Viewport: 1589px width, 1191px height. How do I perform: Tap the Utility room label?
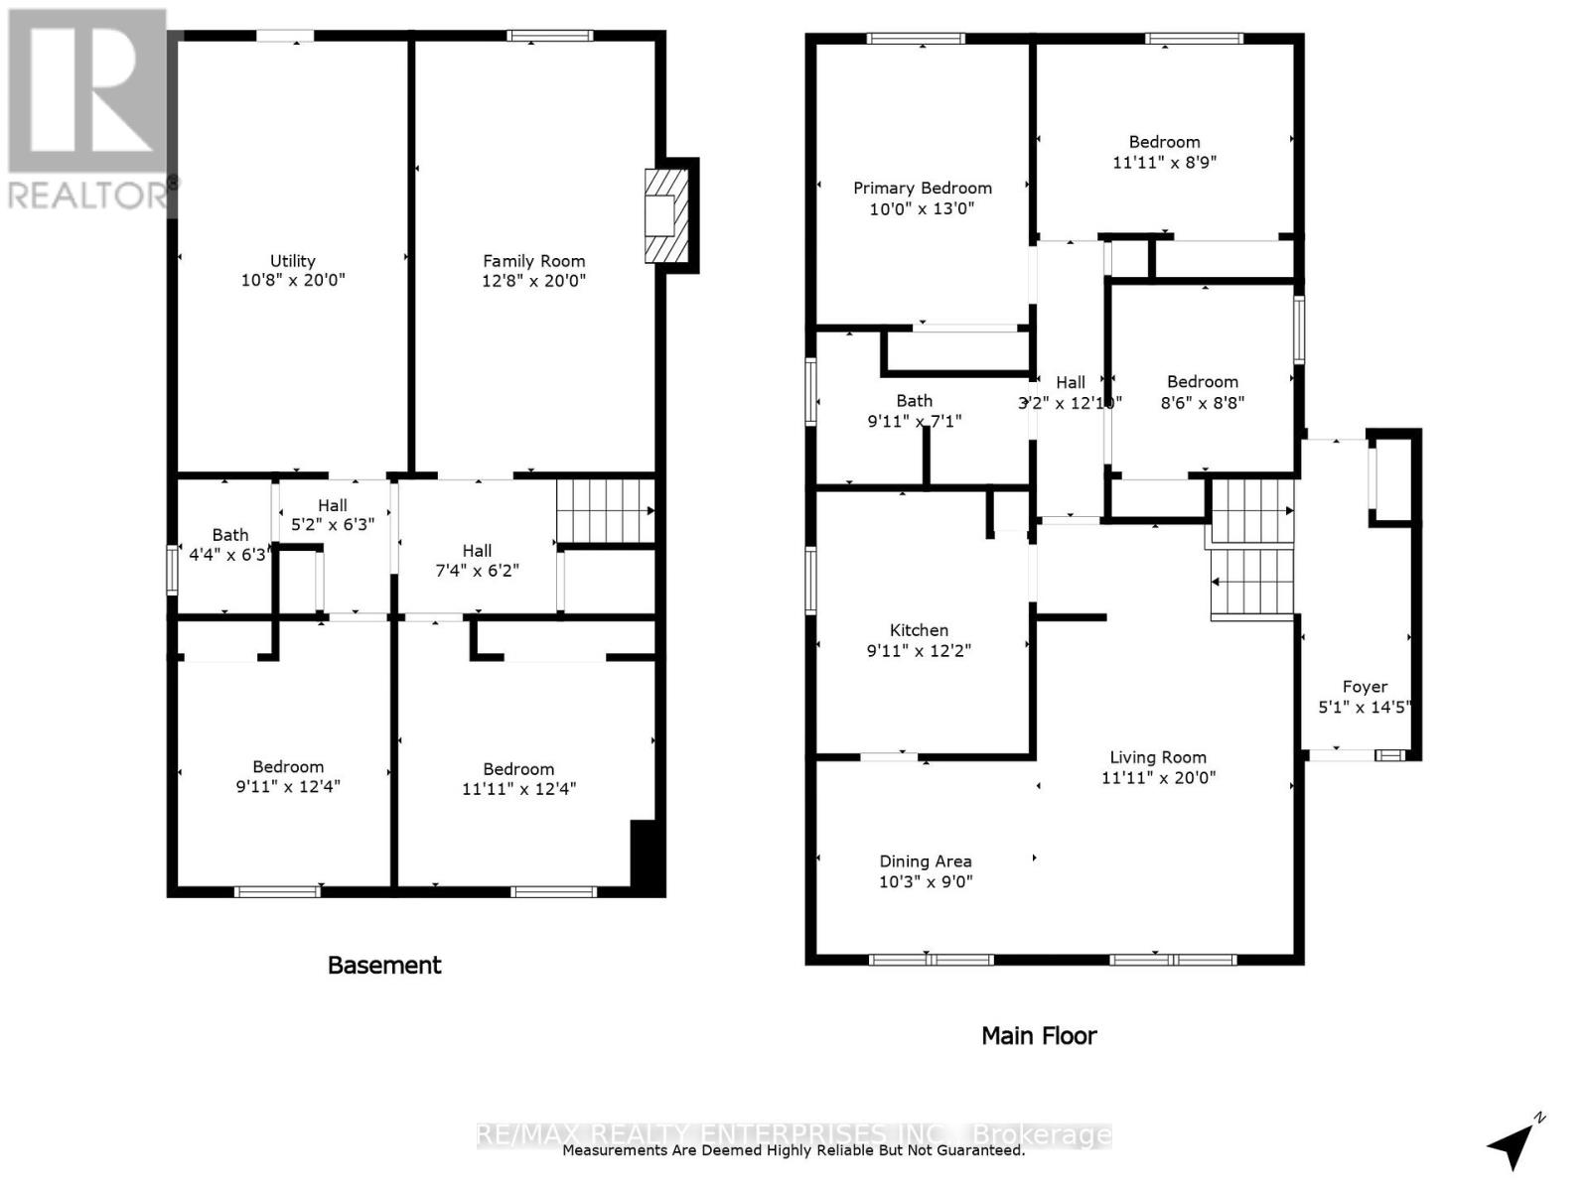[x=293, y=261]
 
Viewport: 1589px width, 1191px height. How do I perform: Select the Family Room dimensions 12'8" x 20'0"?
[x=533, y=281]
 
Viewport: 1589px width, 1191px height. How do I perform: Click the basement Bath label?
[x=229, y=535]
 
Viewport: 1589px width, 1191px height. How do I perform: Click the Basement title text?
[x=384, y=965]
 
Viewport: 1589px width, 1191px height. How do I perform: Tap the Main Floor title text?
[x=1039, y=1036]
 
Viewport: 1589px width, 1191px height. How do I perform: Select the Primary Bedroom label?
[x=923, y=189]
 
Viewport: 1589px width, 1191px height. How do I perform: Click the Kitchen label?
[x=919, y=630]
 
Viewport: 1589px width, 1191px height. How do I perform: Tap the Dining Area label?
[x=926, y=861]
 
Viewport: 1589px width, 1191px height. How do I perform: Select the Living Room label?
[x=1158, y=757]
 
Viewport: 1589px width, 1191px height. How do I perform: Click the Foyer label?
[x=1365, y=687]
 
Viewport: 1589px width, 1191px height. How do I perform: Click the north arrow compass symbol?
[x=1513, y=1144]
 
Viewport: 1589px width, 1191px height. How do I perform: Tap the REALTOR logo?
[x=89, y=109]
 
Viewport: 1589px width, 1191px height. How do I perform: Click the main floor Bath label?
[x=914, y=401]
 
